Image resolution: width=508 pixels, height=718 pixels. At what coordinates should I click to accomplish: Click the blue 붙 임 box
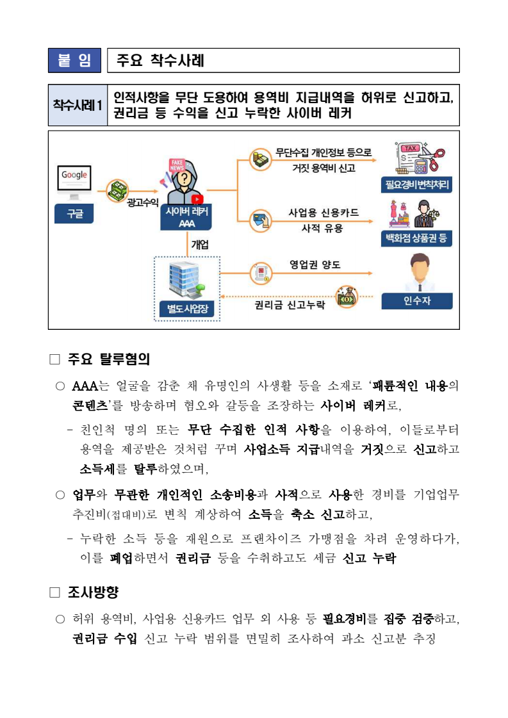point(74,60)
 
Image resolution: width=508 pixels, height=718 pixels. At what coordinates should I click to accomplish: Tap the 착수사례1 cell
point(78,104)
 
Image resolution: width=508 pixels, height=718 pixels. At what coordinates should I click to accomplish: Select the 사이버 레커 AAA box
point(187,217)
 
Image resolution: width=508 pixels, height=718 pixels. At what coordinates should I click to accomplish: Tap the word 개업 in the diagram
point(200,244)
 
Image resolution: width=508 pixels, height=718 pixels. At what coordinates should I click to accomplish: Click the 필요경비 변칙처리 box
point(417,186)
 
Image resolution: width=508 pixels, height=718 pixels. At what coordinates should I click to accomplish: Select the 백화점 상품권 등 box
point(416,239)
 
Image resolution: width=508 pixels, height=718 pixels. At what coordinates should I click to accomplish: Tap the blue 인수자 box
point(416,301)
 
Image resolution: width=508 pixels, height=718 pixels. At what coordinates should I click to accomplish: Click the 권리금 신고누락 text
point(290,305)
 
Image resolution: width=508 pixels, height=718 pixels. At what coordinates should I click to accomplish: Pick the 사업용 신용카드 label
point(324,213)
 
